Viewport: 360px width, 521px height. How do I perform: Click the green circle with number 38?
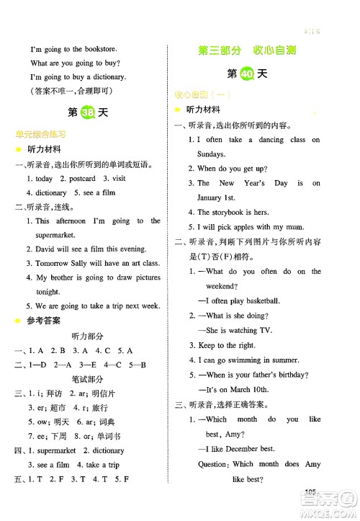88,114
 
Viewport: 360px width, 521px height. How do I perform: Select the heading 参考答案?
43,321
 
